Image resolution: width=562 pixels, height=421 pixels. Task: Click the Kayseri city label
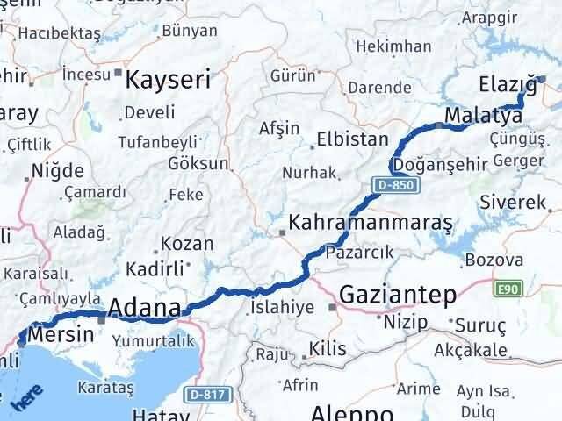pos(169,81)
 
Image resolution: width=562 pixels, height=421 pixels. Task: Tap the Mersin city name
pos(61,335)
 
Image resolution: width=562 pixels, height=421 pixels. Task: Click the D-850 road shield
pos(397,185)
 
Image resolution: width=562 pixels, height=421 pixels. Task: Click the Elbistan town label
pos(352,139)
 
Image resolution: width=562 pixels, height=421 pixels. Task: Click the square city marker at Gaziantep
pos(332,308)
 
